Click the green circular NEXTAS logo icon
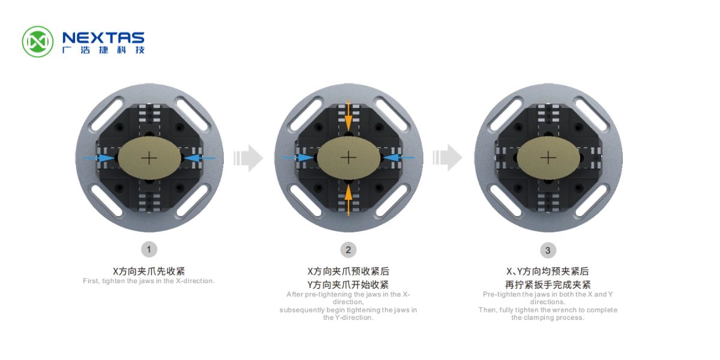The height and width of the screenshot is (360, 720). (x=38, y=42)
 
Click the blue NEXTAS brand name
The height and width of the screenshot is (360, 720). (x=103, y=38)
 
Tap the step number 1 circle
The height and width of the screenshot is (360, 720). (x=149, y=250)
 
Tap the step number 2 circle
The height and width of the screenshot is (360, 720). (x=348, y=250)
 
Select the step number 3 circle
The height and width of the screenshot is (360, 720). (x=548, y=250)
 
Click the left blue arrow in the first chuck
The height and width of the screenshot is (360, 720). (x=99, y=158)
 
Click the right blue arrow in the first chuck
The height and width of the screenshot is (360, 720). (x=200, y=158)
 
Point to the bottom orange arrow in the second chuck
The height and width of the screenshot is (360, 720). (x=349, y=200)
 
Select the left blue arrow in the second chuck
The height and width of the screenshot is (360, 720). (x=298, y=157)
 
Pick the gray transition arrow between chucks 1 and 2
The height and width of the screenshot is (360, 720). (x=248, y=158)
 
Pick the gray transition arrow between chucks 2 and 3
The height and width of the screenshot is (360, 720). (x=448, y=157)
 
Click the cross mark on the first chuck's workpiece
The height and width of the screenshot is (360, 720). (x=149, y=158)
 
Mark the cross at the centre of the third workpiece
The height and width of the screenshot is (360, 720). (x=548, y=158)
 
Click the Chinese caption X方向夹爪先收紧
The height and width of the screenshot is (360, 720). (x=149, y=271)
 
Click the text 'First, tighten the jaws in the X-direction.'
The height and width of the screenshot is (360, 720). (x=149, y=281)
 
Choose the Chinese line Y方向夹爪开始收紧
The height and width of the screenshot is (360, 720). (x=348, y=284)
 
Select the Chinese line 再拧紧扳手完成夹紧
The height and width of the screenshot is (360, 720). (x=548, y=284)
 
